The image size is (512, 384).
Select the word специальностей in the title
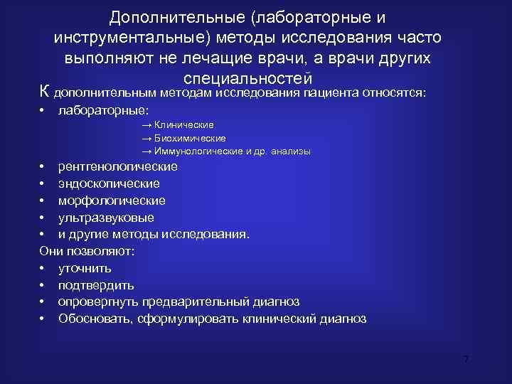248,78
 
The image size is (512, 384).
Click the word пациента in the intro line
331,92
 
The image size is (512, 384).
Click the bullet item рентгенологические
118,166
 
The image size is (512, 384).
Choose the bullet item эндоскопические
109,183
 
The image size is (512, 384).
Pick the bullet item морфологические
112,201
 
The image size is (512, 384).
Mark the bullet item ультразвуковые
106,218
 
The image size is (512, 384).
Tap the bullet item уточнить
85,269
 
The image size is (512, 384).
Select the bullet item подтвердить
96,286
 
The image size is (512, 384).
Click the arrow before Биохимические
146,138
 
